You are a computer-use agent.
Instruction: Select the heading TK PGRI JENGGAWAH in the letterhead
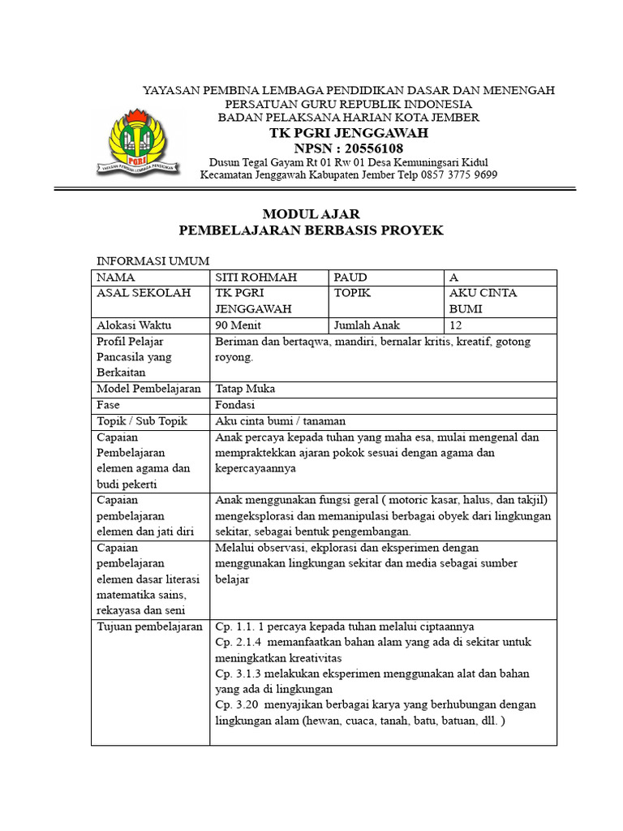[349, 133]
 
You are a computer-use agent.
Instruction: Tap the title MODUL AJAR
[311, 214]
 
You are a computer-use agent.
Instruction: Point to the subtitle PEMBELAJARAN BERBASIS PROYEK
[311, 230]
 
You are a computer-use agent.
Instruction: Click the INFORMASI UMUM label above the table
[153, 261]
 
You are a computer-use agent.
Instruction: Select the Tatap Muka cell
[245, 389]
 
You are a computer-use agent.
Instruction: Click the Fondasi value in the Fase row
[235, 405]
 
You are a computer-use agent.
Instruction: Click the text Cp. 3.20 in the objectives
[237, 704]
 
